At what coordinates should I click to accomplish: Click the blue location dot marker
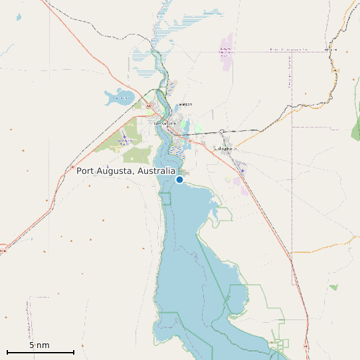pyautogui.click(x=179, y=179)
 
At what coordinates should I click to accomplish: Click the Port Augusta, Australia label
pyautogui.click(x=126, y=171)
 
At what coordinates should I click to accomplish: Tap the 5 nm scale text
pyautogui.click(x=39, y=345)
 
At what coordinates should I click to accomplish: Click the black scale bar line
pyautogui.click(x=40, y=352)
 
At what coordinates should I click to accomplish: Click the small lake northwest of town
pyautogui.click(x=118, y=98)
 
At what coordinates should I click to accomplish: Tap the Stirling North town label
pyautogui.click(x=225, y=149)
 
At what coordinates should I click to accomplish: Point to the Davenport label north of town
pyautogui.click(x=184, y=104)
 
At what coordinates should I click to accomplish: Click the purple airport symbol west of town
pyautogui.click(x=124, y=139)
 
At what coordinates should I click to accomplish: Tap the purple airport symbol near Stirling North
pyautogui.click(x=242, y=171)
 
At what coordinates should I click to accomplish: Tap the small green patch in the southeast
pyautogui.click(x=333, y=288)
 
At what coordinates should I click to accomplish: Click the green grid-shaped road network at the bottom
pyautogui.click(x=280, y=345)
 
